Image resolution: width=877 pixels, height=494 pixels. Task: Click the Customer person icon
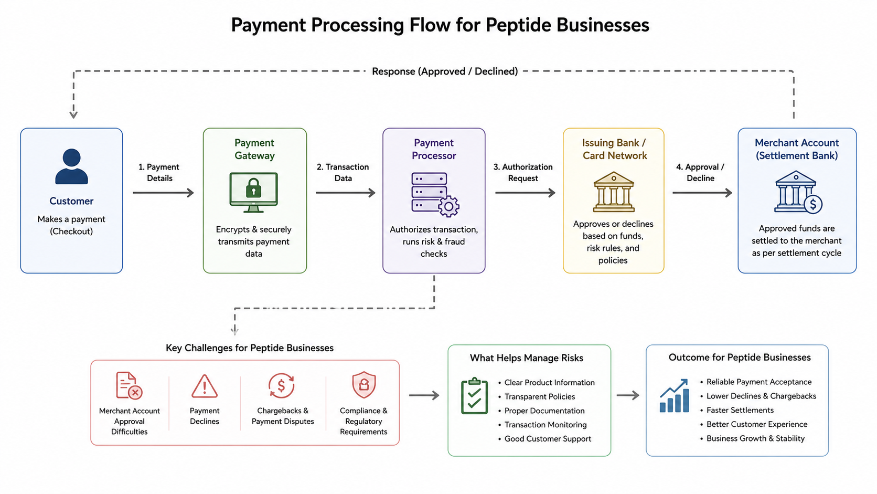(x=72, y=166)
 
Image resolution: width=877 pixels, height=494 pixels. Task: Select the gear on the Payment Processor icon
(x=448, y=206)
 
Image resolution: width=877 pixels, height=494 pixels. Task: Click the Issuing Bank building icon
(x=614, y=192)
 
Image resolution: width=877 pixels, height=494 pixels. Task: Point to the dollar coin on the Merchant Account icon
(x=813, y=204)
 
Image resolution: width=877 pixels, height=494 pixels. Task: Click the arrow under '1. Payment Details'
(x=163, y=193)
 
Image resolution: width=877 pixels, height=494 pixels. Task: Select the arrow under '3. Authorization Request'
(x=526, y=193)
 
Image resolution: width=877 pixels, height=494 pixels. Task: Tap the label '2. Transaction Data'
(x=343, y=172)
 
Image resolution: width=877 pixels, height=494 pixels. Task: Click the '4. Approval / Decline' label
(x=700, y=172)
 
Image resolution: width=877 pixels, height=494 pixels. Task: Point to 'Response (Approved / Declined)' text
(x=445, y=71)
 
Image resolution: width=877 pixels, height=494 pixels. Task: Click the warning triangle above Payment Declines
(x=205, y=386)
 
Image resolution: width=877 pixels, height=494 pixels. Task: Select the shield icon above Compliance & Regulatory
(x=363, y=385)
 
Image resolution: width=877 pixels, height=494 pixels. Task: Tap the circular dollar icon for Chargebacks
(x=281, y=385)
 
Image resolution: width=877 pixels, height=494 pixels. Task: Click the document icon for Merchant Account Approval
(x=129, y=385)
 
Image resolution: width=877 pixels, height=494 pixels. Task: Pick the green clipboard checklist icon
(x=475, y=396)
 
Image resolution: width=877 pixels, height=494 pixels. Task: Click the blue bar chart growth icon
(x=674, y=396)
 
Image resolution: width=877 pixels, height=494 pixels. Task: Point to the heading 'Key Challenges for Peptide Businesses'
(x=250, y=348)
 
